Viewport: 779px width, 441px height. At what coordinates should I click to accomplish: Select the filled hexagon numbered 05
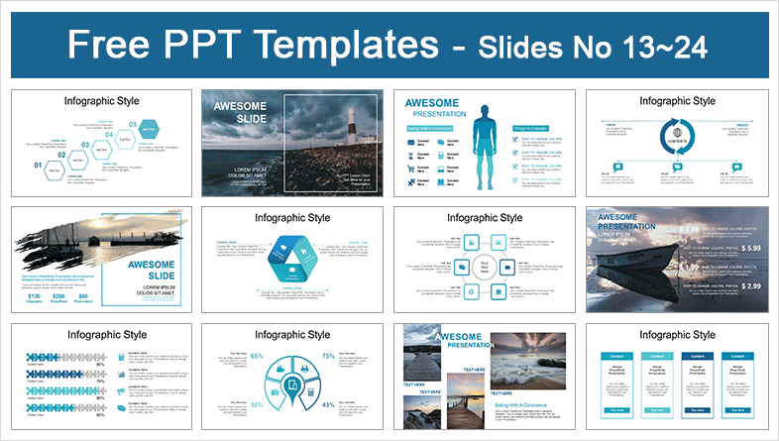click(148, 128)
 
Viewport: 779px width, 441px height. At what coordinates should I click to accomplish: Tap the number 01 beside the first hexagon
click(39, 165)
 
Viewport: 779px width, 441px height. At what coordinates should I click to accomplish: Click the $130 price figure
click(34, 296)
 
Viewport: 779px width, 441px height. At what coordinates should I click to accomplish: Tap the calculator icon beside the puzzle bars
click(121, 357)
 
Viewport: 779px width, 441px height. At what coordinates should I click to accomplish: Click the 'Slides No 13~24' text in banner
click(616, 47)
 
